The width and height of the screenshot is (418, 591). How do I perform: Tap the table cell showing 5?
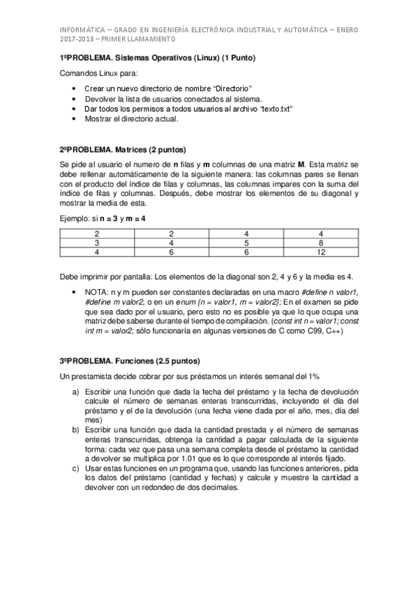246,243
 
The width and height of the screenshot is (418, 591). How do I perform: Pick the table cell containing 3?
96,243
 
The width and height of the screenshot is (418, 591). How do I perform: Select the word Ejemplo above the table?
75,219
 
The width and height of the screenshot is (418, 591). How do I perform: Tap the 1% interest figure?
313,376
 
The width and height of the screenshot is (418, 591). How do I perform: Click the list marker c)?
75,468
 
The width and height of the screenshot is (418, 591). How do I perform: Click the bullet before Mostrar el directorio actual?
75,119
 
